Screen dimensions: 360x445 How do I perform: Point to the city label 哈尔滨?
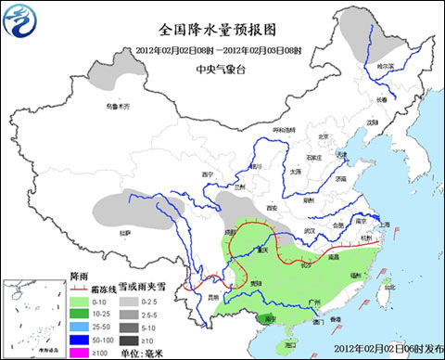pos(385,67)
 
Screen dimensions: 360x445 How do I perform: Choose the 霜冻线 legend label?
pos(108,289)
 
